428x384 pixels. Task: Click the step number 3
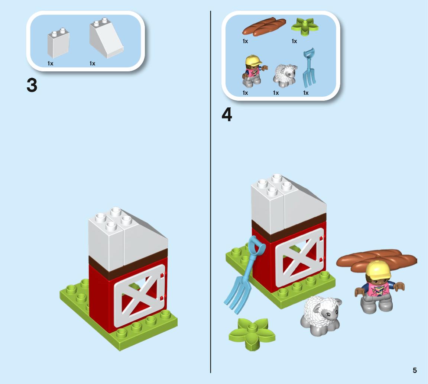[x=32, y=85]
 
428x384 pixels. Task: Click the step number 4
[x=227, y=114]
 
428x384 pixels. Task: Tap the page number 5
[x=415, y=370]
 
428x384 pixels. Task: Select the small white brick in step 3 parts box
[x=58, y=43]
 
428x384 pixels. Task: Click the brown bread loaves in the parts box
[x=264, y=27]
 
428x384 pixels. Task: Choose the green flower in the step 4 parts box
[x=305, y=26]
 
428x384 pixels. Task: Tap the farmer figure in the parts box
[x=253, y=71]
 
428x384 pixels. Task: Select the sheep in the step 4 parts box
[x=285, y=75]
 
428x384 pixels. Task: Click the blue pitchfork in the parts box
[x=309, y=68]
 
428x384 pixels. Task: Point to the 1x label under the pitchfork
[x=306, y=93]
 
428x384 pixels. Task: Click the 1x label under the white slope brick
[x=92, y=63]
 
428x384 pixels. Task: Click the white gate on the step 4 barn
[x=300, y=257]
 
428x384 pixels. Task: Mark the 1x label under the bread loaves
[x=245, y=41]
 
